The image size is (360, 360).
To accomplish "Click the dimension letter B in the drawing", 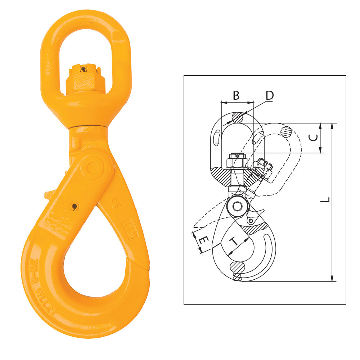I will tap(236, 95).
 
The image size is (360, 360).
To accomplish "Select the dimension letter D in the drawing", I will tap(270, 95).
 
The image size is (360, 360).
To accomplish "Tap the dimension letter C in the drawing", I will tap(314, 138).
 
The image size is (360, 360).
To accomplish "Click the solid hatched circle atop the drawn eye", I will tap(238, 117).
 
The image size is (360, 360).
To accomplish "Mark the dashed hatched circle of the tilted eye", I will tap(286, 132).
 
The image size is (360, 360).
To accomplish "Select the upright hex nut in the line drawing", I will tap(237, 161).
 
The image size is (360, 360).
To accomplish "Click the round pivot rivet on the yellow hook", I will tap(93, 167).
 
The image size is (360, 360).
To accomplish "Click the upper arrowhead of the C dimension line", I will tap(320, 125).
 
